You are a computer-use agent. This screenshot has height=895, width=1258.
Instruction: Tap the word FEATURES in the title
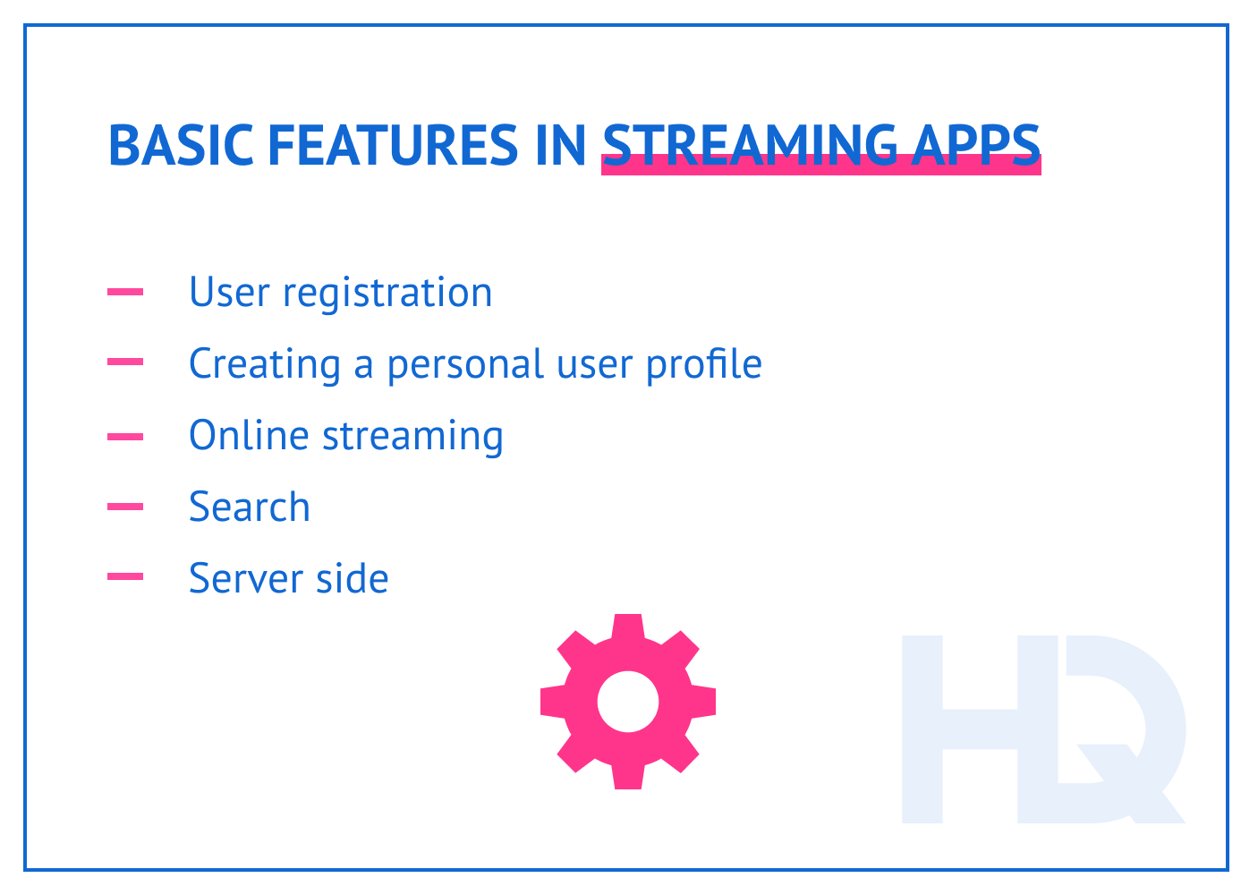[x=392, y=145]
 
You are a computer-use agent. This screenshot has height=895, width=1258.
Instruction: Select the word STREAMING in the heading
[x=750, y=145]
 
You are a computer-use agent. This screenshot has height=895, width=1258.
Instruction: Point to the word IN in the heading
[x=560, y=145]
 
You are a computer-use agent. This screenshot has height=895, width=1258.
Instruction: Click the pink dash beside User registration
[x=125, y=292]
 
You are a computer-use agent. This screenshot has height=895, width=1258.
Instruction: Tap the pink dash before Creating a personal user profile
[x=125, y=362]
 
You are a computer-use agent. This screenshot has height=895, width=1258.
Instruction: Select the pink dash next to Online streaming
[x=125, y=437]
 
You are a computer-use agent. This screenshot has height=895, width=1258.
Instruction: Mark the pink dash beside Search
[x=125, y=507]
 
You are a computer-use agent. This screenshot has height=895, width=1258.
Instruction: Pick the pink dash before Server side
[x=125, y=577]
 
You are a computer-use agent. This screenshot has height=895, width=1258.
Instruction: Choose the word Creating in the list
[x=265, y=365]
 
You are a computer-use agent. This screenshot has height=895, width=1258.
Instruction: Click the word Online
[x=248, y=436]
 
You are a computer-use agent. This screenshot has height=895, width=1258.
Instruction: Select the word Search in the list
[x=250, y=507]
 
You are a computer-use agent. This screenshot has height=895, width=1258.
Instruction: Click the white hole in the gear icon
[x=628, y=702]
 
